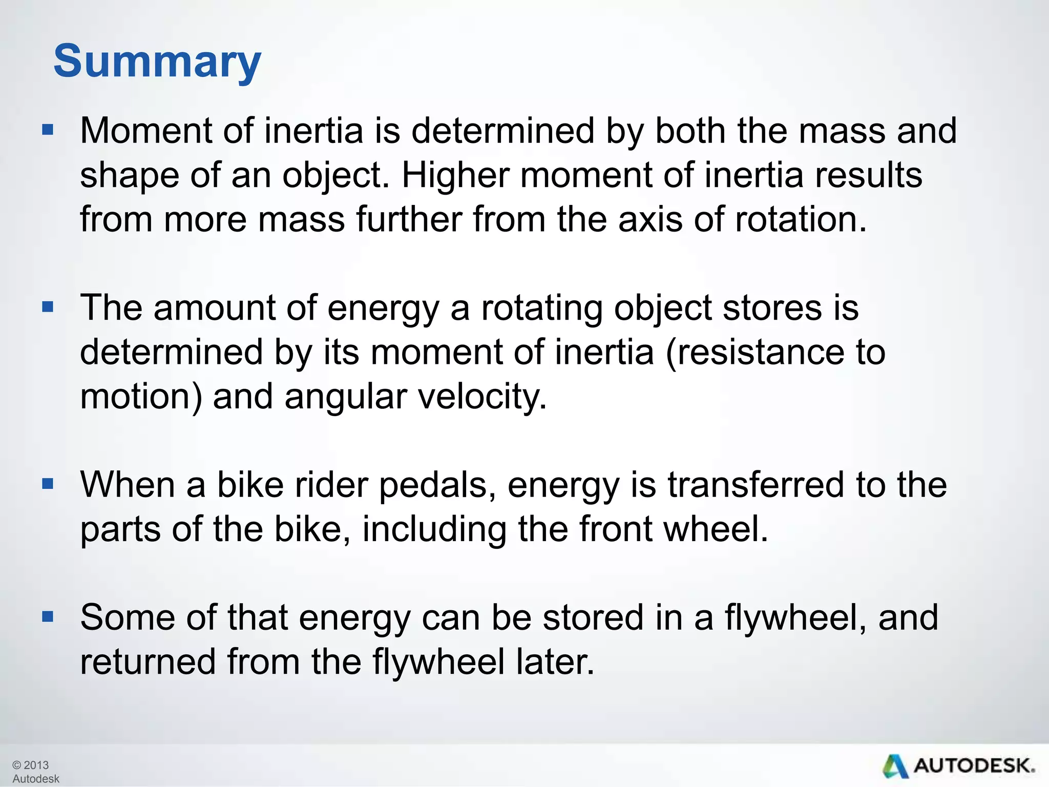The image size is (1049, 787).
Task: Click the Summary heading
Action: pyautogui.click(x=157, y=61)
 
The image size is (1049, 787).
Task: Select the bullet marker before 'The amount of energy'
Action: pyautogui.click(x=48, y=307)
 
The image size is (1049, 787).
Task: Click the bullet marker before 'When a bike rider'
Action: pyautogui.click(x=48, y=484)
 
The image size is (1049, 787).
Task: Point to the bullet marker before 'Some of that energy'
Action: pyautogui.click(x=48, y=616)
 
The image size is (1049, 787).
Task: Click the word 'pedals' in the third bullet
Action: pyautogui.click(x=433, y=485)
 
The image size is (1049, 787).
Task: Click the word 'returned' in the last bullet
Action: pyautogui.click(x=148, y=661)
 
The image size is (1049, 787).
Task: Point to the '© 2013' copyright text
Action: pyautogui.click(x=30, y=765)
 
